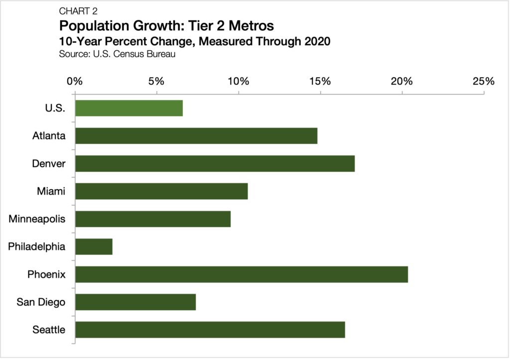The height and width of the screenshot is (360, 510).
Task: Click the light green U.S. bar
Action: (128, 108)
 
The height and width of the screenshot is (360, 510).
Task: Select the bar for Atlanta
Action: (196, 135)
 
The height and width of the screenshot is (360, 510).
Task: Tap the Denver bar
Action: (215, 163)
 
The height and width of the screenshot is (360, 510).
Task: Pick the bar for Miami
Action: (161, 191)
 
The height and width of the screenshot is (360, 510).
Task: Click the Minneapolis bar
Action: (152, 219)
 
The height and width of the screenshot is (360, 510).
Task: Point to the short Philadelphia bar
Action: (94, 246)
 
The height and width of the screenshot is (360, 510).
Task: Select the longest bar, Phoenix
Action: (241, 274)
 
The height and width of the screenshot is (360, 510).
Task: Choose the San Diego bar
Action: (135, 302)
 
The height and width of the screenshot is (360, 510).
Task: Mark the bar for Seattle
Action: (210, 330)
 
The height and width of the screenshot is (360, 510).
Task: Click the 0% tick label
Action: (75, 81)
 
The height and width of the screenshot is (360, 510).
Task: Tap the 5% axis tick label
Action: (156, 81)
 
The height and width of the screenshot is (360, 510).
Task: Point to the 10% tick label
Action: (238, 81)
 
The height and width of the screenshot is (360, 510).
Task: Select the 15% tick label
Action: (320, 81)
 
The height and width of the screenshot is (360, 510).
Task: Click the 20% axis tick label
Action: (402, 81)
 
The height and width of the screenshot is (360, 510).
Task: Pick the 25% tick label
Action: (484, 81)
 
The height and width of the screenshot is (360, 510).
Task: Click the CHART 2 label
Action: (78, 11)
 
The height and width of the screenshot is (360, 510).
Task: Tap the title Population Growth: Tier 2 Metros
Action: (166, 25)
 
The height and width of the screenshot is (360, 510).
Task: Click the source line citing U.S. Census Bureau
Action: (117, 54)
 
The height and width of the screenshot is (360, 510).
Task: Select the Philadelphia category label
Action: (37, 246)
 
